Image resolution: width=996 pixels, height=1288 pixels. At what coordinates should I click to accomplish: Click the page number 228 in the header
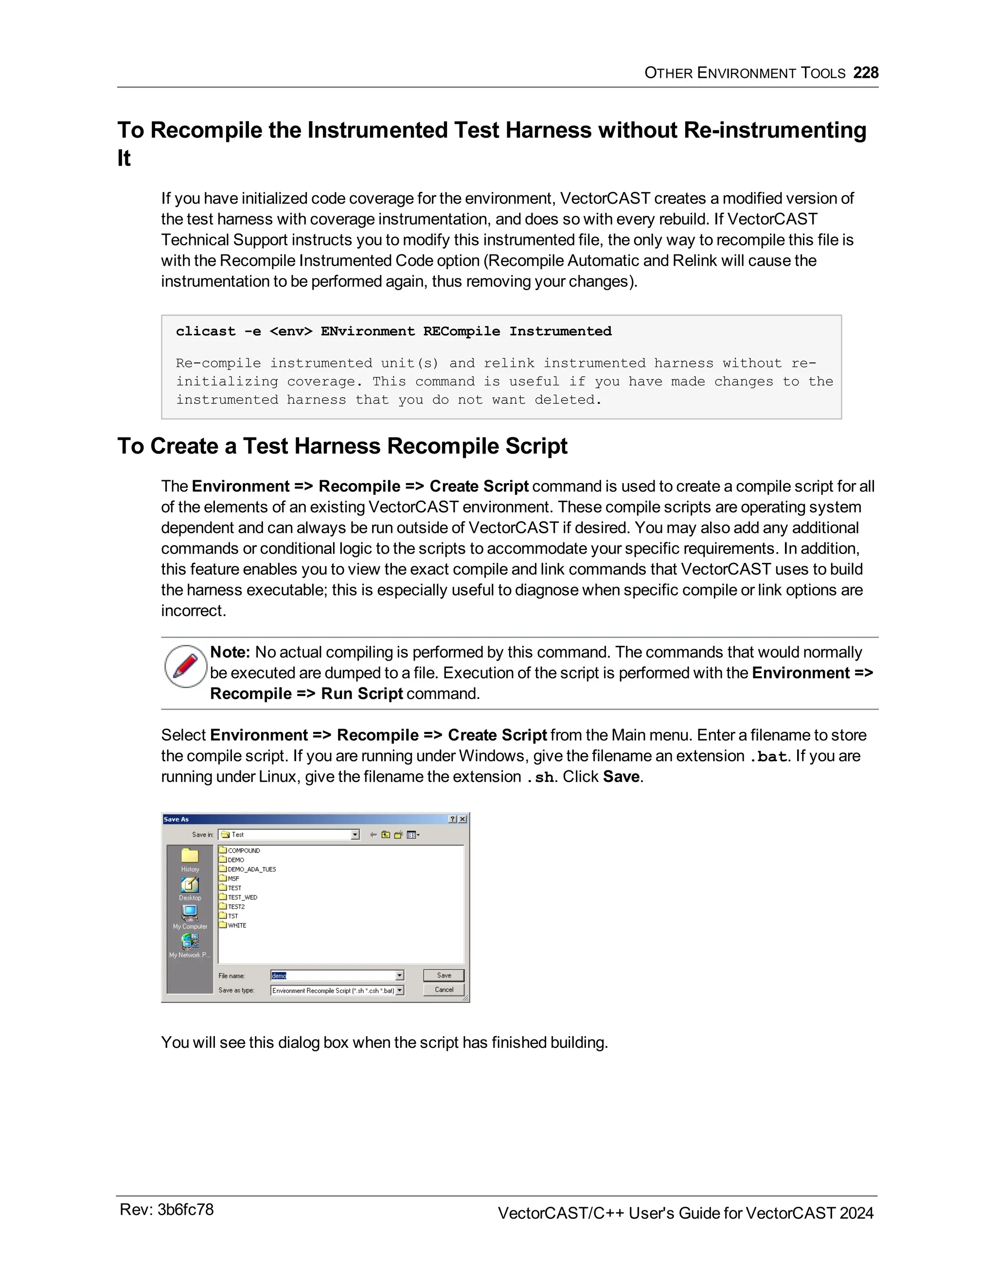[x=866, y=72]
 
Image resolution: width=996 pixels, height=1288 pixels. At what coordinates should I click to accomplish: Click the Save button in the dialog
[x=444, y=975]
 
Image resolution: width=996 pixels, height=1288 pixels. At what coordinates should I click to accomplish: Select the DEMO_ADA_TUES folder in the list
[x=251, y=870]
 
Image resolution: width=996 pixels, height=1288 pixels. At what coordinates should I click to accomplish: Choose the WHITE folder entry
[x=237, y=925]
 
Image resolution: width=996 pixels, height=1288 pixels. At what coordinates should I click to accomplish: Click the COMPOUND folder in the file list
[x=243, y=851]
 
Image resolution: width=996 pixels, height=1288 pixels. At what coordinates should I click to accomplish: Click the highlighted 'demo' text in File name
[x=279, y=976]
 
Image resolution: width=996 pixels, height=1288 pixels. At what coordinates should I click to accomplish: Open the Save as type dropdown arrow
[x=399, y=990]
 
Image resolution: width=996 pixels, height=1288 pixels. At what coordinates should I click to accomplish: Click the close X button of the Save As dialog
[x=462, y=819]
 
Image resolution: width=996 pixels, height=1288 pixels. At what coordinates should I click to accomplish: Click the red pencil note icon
[x=186, y=666]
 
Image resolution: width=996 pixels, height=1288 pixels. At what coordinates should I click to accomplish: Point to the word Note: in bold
[x=230, y=652]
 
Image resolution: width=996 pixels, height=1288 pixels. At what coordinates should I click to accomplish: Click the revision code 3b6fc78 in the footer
[x=185, y=1210]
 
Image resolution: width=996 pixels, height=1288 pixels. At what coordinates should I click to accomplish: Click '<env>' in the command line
[x=290, y=331]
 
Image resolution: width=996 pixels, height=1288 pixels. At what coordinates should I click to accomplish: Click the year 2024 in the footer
[x=856, y=1213]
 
